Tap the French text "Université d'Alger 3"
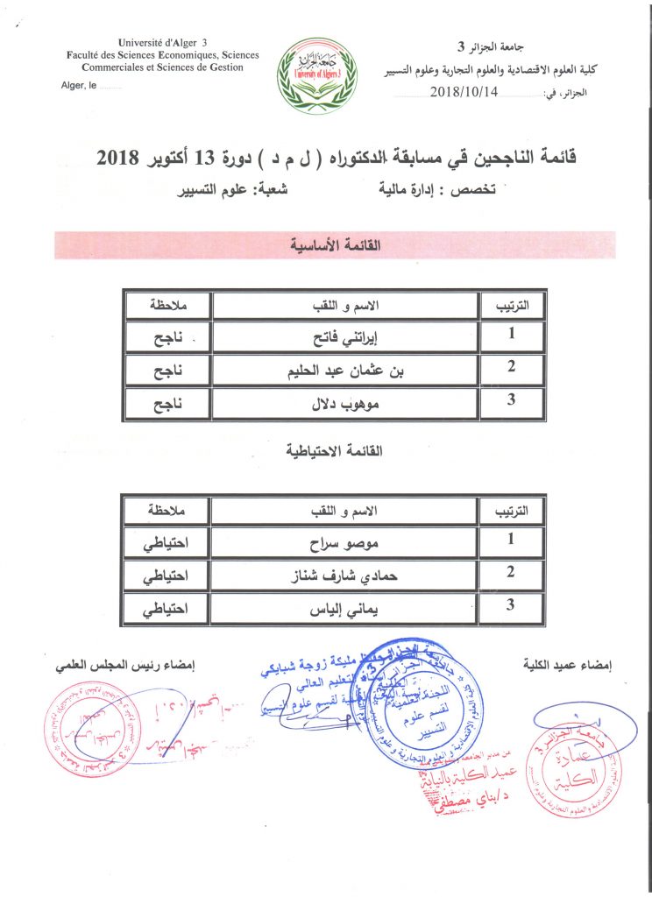[x=163, y=43]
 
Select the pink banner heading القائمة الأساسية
[x=334, y=244]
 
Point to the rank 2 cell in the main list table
[x=511, y=368]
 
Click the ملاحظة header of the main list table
[x=167, y=305]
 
